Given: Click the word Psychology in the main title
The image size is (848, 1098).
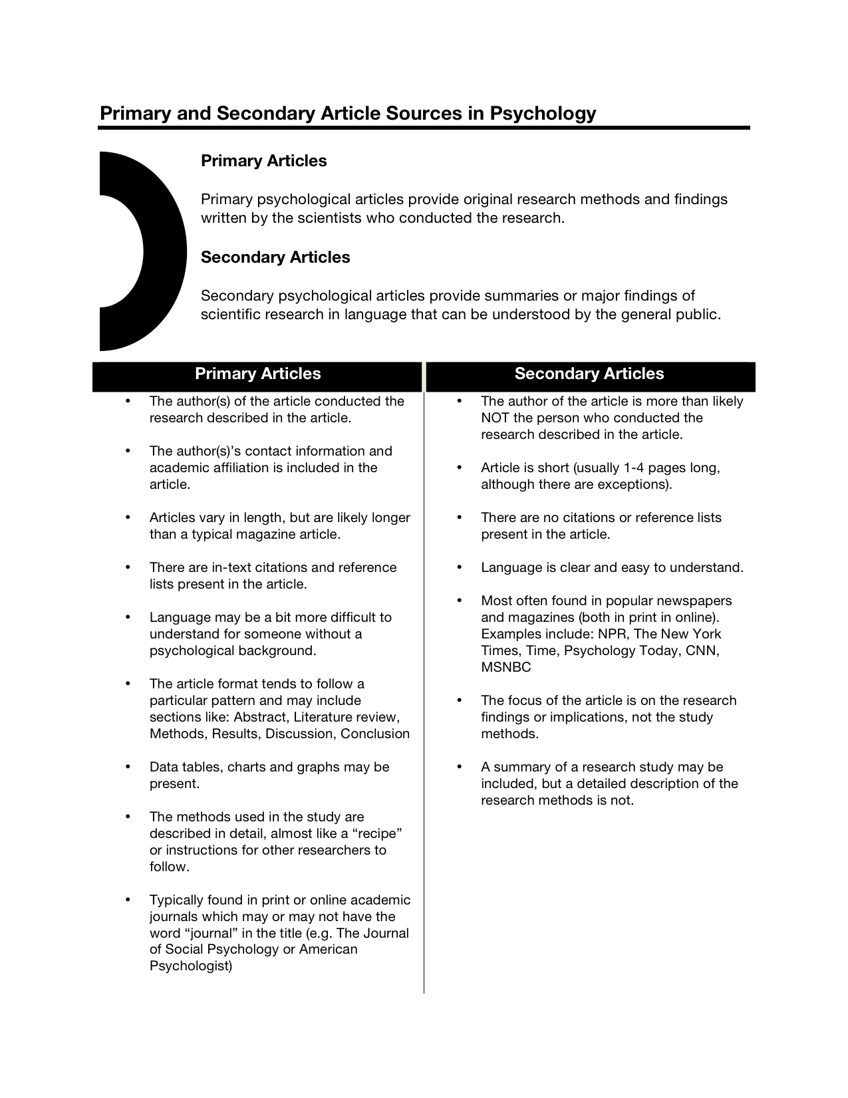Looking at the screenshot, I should pyautogui.click(x=543, y=114).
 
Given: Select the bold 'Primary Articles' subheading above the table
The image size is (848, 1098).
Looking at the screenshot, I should pyautogui.click(x=263, y=161).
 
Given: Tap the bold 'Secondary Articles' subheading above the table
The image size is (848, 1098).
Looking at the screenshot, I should pyautogui.click(x=275, y=257).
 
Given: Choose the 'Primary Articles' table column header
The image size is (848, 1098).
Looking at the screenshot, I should pyautogui.click(x=257, y=374).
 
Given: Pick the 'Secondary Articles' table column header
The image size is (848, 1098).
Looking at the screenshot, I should pyautogui.click(x=589, y=374).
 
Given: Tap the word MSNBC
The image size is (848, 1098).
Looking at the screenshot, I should pyautogui.click(x=506, y=668).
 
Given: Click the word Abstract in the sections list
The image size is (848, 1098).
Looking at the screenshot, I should pyautogui.click(x=260, y=718).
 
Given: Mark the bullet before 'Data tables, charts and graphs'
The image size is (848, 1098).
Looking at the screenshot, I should pyautogui.click(x=128, y=767).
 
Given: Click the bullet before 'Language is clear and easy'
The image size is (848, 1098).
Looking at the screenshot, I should pyautogui.click(x=459, y=568).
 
